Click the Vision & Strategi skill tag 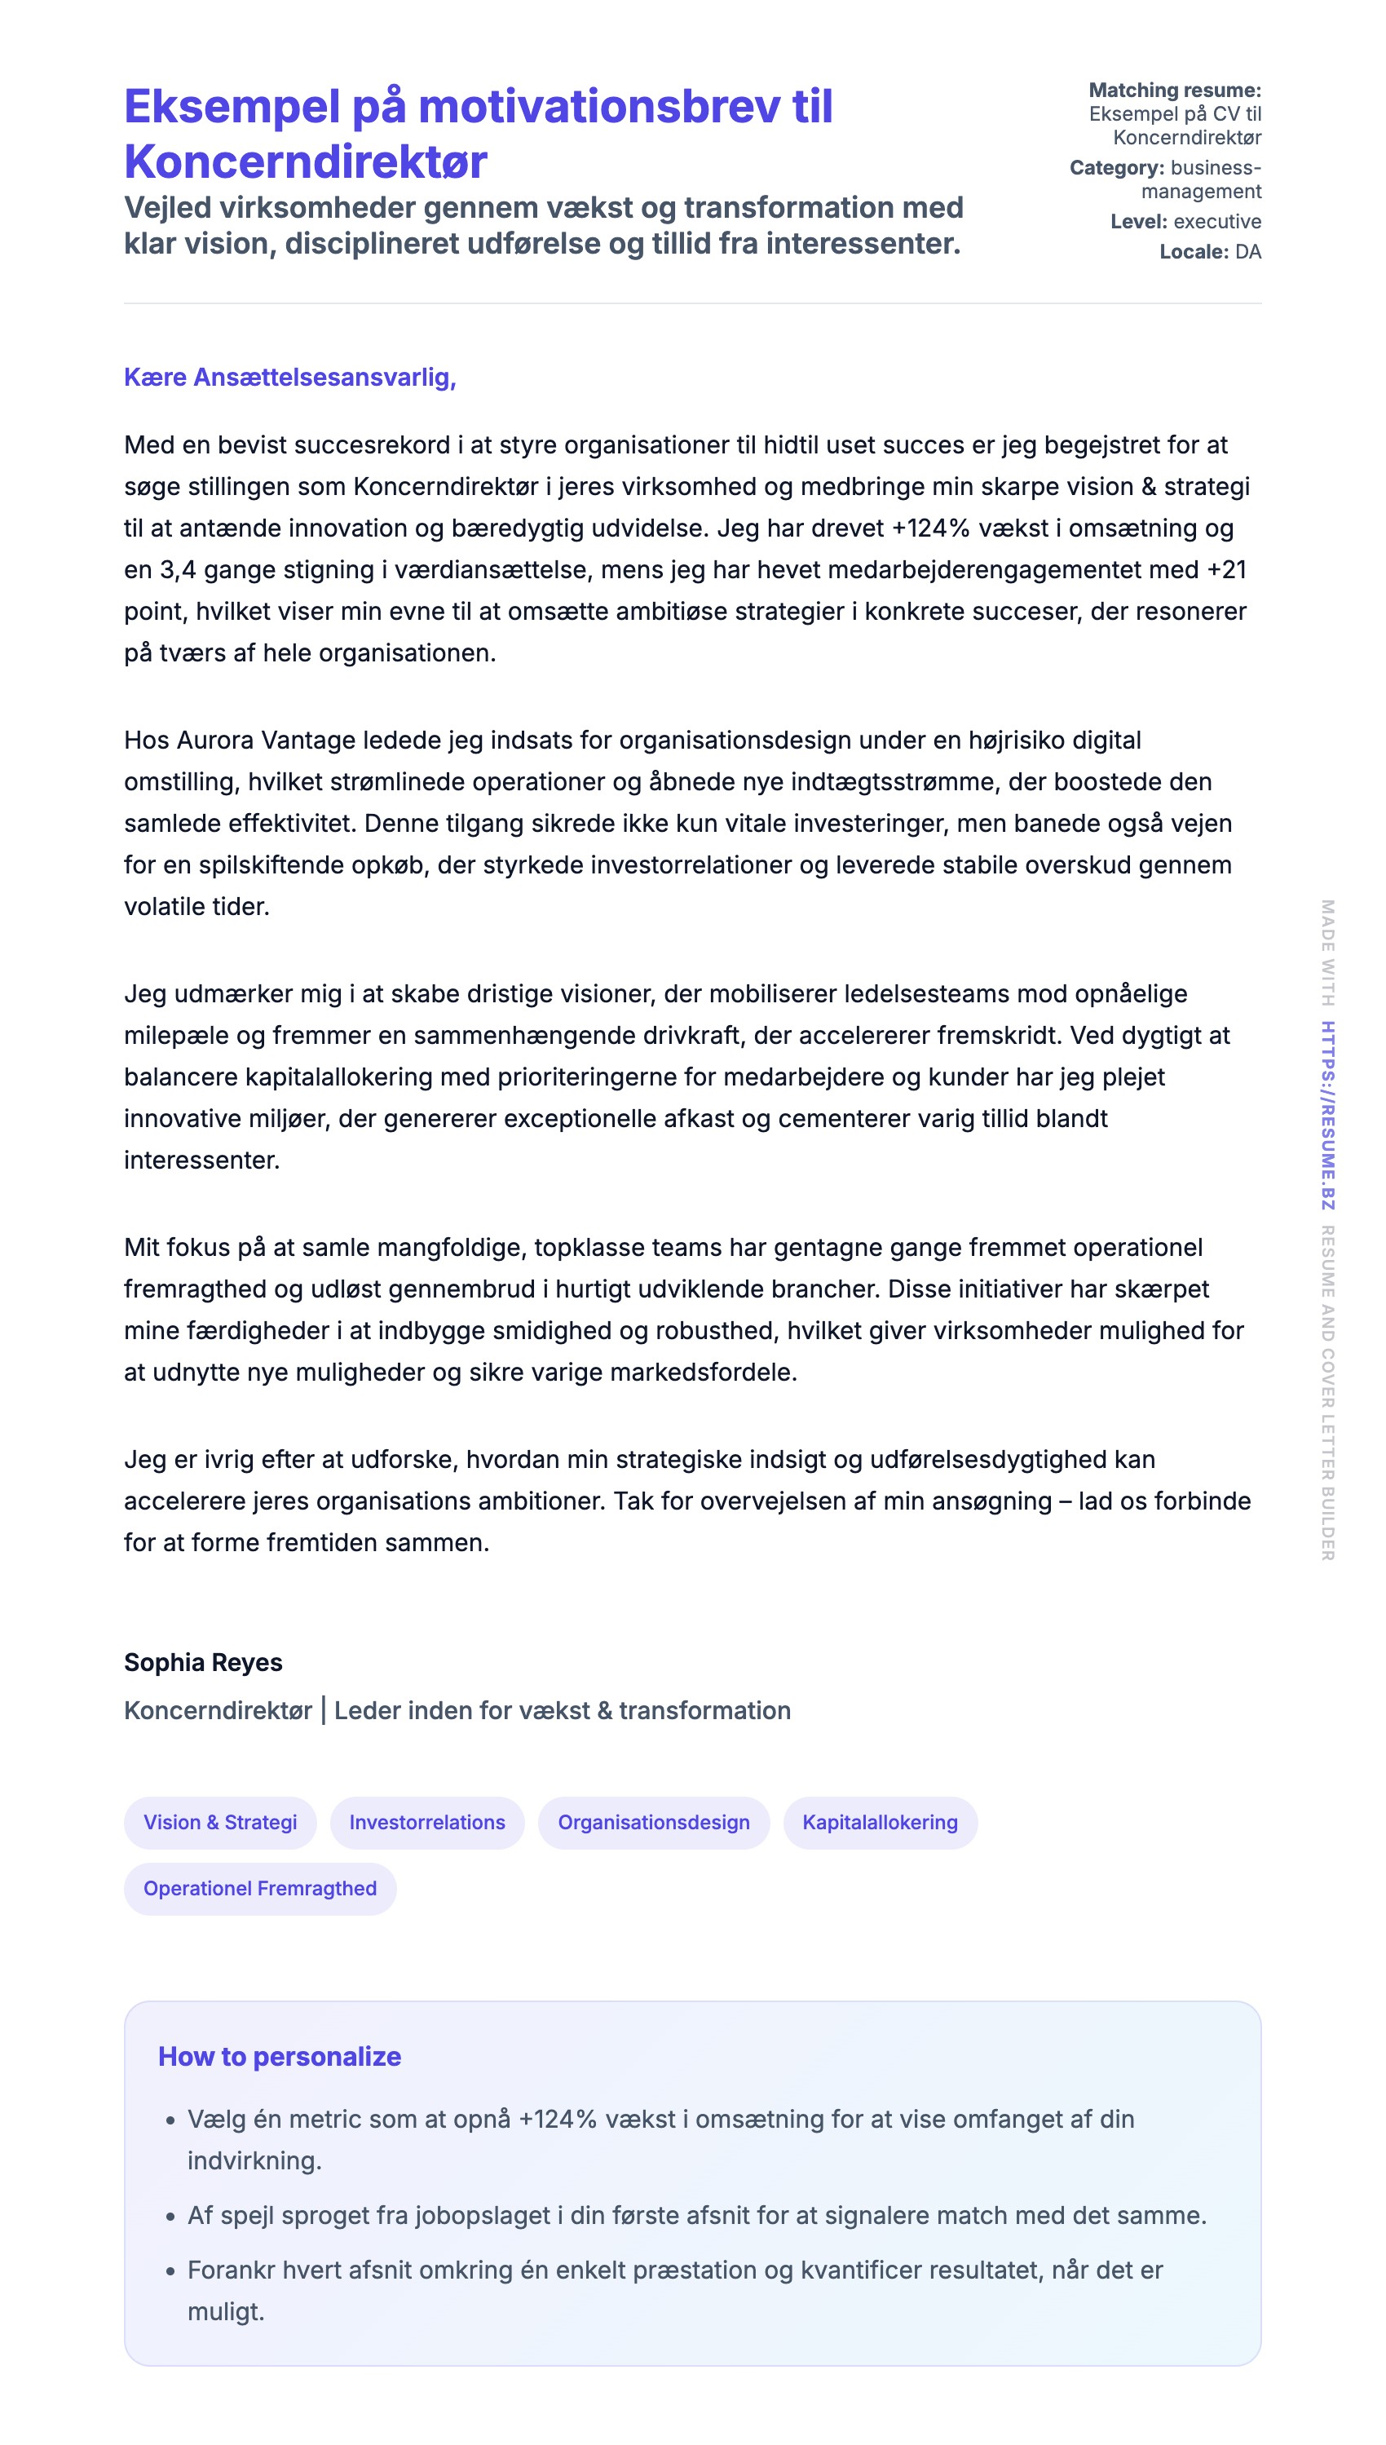click(x=220, y=1821)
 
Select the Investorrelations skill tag click(x=426, y=1821)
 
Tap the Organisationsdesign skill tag click(x=653, y=1821)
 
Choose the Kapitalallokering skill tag click(x=880, y=1821)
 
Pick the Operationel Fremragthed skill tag click(x=260, y=1888)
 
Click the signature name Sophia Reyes click(x=203, y=1662)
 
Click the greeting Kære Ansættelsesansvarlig click(x=289, y=377)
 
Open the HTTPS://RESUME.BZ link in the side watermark click(x=1327, y=1115)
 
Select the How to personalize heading click(x=279, y=2057)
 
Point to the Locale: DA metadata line click(x=1210, y=251)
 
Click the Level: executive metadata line click(x=1185, y=221)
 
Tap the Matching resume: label click(x=1174, y=91)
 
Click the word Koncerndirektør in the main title click(x=306, y=161)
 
